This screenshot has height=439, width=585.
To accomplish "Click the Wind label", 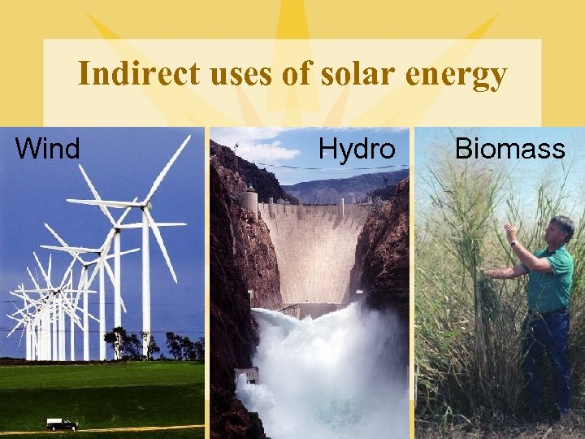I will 48,149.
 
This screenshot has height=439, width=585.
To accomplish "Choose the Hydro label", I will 357,149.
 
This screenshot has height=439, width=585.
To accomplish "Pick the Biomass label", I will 509,149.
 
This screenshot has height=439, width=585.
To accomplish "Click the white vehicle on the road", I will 61,424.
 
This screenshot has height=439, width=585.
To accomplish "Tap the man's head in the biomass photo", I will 561,229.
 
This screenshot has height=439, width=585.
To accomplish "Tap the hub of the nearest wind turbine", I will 146,208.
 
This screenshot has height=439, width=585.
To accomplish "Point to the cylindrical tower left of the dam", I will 249,203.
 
